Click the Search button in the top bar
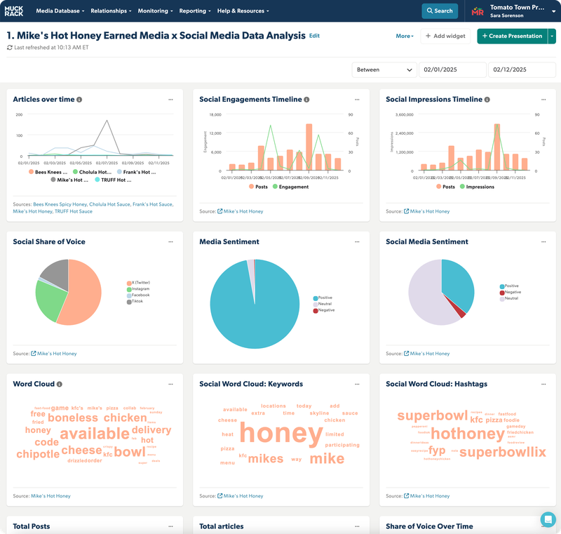tap(439, 11)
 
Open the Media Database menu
tap(60, 11)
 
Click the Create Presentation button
tap(511, 36)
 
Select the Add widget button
tap(445, 36)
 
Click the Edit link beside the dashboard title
tap(314, 36)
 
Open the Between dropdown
tap(385, 69)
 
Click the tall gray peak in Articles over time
tap(107, 121)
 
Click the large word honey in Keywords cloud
tap(280, 434)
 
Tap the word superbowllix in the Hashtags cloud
tap(502, 452)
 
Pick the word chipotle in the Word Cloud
tap(38, 454)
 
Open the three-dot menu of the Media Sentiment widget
tap(357, 241)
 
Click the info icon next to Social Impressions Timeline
tap(488, 100)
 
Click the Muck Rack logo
tap(14, 11)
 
